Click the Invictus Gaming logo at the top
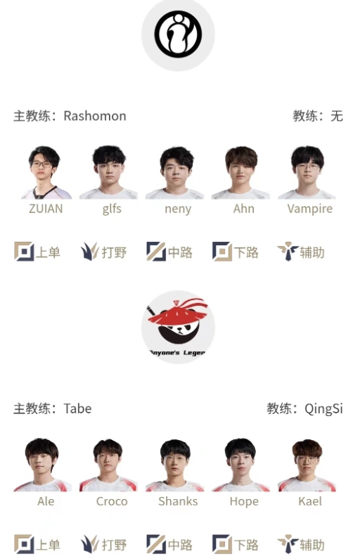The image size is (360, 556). coord(178,34)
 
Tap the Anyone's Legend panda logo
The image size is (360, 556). coord(178,327)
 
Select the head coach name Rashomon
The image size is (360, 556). coord(95,116)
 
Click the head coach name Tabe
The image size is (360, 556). coord(77,408)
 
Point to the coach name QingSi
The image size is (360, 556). coord(323,409)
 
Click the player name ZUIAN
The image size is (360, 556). coord(46,209)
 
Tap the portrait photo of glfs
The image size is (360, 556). coord(109,172)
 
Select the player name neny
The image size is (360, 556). coord(178,209)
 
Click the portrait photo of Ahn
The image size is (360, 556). coord(241,172)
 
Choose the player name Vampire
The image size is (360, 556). coord(310,209)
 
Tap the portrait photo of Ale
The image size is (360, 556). coord(43,465)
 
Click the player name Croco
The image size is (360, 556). coord(112,501)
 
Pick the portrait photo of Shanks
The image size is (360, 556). coord(175,465)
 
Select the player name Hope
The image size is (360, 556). coord(244,501)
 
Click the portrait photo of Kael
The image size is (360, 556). coord(307,465)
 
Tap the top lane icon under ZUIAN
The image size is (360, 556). coord(24,252)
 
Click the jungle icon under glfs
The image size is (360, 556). coord(90,252)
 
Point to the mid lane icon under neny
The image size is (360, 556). coord(156,252)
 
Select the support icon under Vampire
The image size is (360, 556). coord(288,252)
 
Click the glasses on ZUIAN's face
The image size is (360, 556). coord(41,164)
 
